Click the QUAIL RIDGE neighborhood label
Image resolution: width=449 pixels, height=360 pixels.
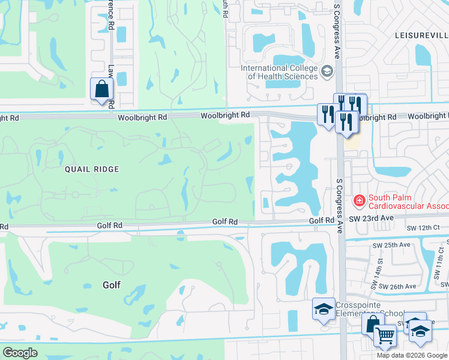tap(92, 170)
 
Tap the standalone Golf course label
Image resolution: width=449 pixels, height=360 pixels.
tap(112, 285)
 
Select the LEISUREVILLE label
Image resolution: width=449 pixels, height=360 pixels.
tap(421, 36)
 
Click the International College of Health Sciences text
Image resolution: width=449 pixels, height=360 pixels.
tap(279, 72)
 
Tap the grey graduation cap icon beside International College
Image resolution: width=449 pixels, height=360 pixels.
tap(327, 72)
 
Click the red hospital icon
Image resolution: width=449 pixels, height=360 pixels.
tap(359, 199)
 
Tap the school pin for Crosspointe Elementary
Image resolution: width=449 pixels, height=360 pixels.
tap(324, 310)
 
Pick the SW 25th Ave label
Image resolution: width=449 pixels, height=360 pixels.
tap(397, 245)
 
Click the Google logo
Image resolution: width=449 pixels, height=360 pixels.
tap(20, 353)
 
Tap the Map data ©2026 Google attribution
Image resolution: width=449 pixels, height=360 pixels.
tap(411, 355)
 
